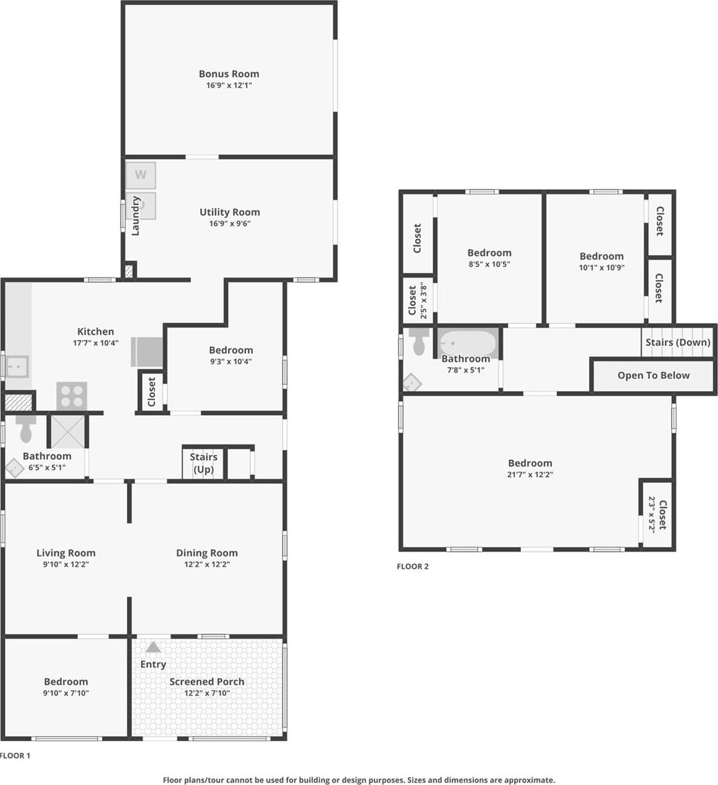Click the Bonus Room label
click(229, 74)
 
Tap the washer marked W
click(141, 175)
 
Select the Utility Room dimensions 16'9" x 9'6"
click(229, 224)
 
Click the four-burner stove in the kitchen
click(72, 396)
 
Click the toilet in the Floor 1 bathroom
click(26, 430)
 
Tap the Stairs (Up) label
click(203, 463)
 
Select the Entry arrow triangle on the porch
click(153, 647)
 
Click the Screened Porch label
click(207, 681)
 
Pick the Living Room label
click(65, 553)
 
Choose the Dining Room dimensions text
click(206, 564)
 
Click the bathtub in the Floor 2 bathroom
click(467, 342)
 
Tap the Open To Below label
click(653, 375)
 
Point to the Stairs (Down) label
click(678, 342)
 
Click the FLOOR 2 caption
click(413, 566)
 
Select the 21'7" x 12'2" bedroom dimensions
click(530, 475)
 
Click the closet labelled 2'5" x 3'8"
click(418, 300)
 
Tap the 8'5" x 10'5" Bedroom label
click(489, 252)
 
